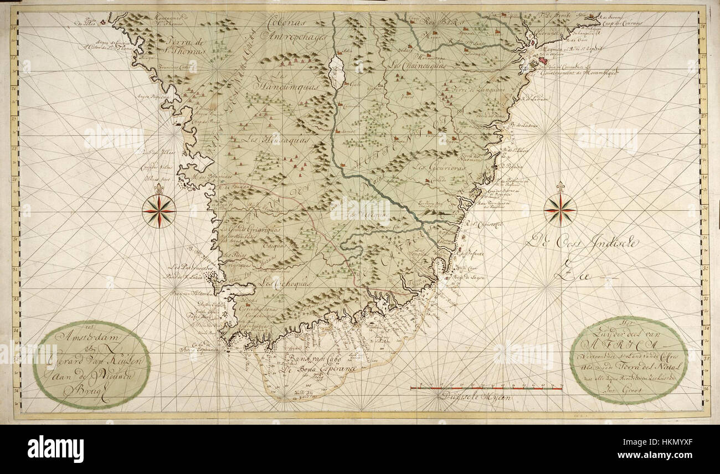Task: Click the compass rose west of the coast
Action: (159, 210)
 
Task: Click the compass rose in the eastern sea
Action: (560, 210)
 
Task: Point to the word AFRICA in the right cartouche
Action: (615, 347)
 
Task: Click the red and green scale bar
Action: (486, 388)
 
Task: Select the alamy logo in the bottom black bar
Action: (55, 449)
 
